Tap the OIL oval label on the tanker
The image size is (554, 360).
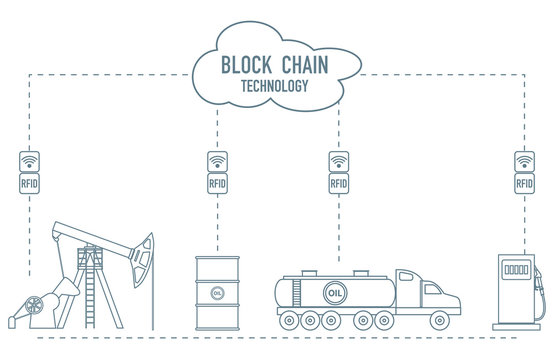pos(337,294)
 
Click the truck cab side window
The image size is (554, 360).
pos(432,291)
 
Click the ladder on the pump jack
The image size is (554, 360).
pos(99,290)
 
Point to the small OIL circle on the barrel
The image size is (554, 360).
pos(217,292)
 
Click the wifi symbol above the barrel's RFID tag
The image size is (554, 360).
pos(217,159)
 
